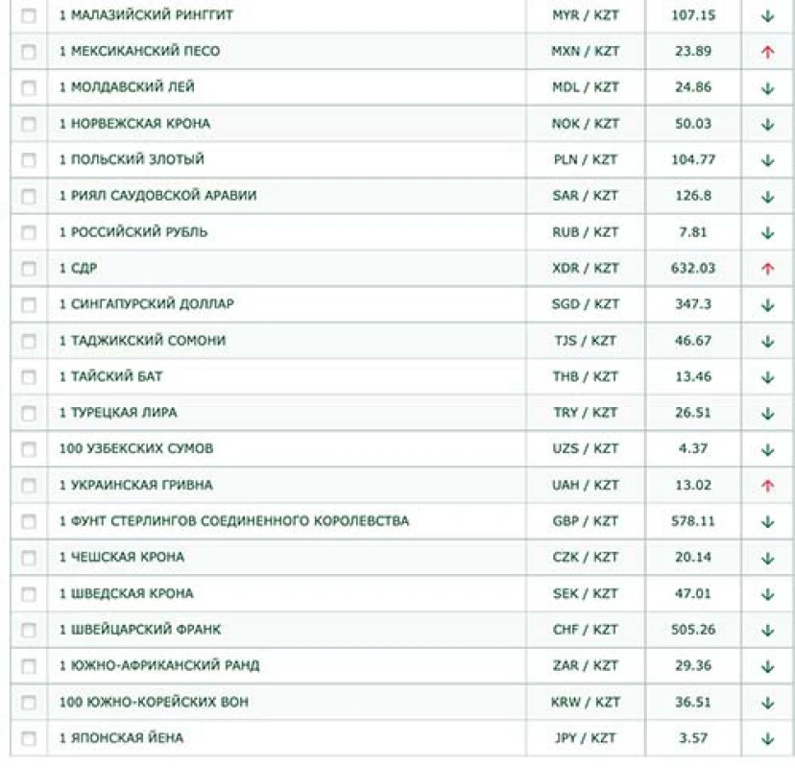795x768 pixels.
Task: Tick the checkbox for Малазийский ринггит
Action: (28, 15)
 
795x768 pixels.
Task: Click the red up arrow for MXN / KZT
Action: (767, 52)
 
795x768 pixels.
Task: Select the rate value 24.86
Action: (692, 87)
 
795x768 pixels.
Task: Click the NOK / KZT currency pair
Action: (586, 124)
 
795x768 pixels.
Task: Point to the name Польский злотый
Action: (132, 159)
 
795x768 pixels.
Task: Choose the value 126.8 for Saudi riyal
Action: (692, 196)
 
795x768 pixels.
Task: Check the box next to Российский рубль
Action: (28, 232)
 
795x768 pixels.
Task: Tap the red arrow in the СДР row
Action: (767, 269)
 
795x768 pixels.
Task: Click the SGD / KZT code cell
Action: (586, 304)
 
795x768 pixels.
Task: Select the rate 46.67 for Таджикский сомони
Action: (692, 341)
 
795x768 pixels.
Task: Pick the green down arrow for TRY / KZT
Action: (767, 414)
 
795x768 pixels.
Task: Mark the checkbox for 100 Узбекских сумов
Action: (28, 449)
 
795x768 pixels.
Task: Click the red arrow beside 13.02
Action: (767, 486)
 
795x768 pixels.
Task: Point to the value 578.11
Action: (692, 521)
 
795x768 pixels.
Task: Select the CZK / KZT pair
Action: (586, 558)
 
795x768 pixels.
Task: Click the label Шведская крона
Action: (126, 593)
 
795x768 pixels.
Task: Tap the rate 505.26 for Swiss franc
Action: (692, 630)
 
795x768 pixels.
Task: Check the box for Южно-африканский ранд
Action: (28, 666)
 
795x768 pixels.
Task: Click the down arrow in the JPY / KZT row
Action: (767, 739)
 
